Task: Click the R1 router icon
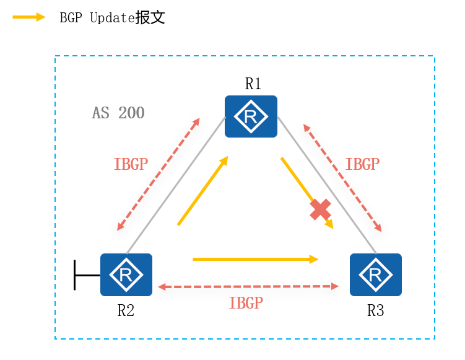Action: point(251,116)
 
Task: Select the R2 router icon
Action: point(126,274)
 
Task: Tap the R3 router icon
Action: point(375,274)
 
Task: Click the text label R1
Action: point(253,84)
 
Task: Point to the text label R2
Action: point(126,310)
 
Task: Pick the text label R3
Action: point(375,310)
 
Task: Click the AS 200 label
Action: point(118,113)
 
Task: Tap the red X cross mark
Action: point(320,209)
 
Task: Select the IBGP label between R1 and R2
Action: point(131,164)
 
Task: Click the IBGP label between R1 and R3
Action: point(362,164)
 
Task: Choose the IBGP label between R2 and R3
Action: point(246,303)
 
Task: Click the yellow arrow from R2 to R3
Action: point(255,259)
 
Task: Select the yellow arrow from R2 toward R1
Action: point(202,190)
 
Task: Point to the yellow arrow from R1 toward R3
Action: point(306,192)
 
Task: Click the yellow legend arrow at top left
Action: point(28,17)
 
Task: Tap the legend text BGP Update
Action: point(112,17)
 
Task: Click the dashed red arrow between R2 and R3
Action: point(248,286)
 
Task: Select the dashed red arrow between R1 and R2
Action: point(158,173)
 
